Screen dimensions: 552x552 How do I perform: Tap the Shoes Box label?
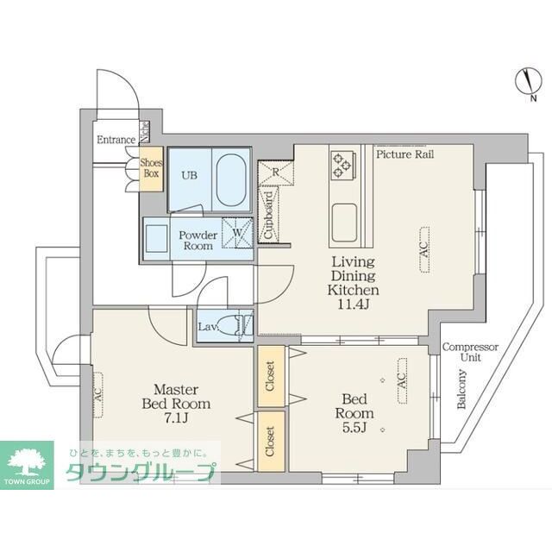151,167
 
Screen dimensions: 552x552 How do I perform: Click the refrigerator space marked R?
275,172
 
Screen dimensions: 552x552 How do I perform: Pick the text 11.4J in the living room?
353,303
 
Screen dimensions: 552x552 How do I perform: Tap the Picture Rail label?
405,154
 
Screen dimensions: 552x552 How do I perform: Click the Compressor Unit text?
470,352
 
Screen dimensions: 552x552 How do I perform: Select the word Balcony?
463,389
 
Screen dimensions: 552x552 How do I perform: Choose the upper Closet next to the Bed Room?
270,376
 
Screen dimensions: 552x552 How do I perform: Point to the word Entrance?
116,140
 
